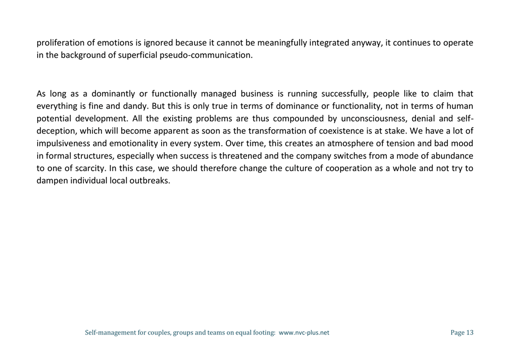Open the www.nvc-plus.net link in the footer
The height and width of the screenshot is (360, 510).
[x=304, y=333]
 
